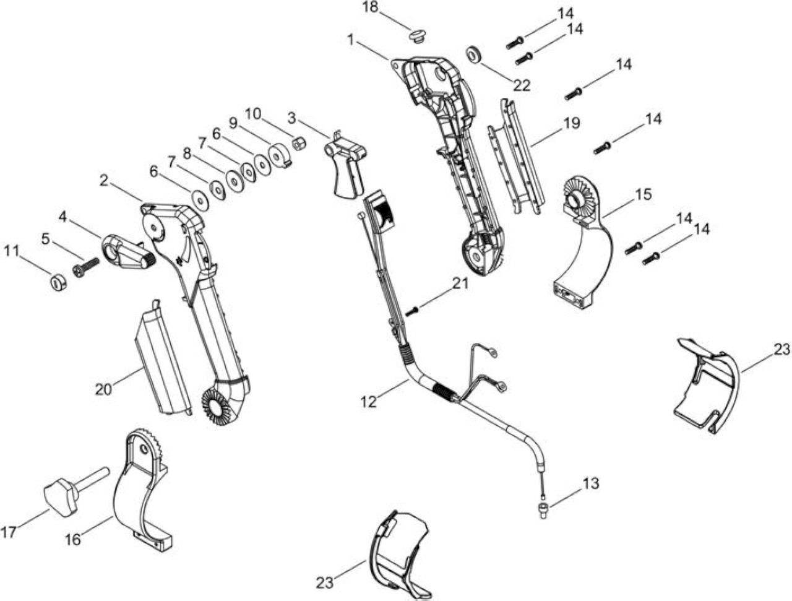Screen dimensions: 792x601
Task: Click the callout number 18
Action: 369,7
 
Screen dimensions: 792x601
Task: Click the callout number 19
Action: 571,124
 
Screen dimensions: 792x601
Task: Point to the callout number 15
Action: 643,195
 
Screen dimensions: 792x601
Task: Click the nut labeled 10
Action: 299,144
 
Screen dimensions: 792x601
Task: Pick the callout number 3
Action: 291,118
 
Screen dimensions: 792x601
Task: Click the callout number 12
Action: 368,401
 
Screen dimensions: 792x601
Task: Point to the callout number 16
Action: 73,540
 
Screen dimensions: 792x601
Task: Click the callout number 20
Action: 103,389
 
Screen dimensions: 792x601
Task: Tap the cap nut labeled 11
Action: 58,283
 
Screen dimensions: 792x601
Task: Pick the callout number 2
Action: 104,181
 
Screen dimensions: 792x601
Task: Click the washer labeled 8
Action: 235,181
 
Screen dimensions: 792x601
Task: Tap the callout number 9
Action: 233,124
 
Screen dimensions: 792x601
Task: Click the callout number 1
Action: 351,40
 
